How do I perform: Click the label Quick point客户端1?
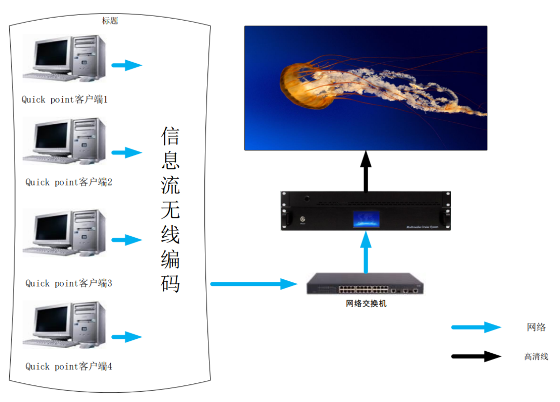tap(64, 99)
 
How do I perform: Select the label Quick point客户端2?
tap(68, 182)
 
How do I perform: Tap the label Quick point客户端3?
tap(68, 283)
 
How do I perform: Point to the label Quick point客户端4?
tap(68, 366)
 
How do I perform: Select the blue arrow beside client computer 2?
tap(127, 152)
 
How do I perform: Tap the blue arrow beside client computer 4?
tap(127, 337)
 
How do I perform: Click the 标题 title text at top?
tap(110, 21)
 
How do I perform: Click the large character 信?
tap(171, 136)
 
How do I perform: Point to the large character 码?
tap(171, 283)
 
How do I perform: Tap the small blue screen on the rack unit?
tap(366, 219)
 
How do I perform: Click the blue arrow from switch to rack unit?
tap(366, 252)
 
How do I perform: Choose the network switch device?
tap(365, 284)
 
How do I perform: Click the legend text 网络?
tap(536, 327)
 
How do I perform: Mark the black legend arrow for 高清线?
tap(475, 356)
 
